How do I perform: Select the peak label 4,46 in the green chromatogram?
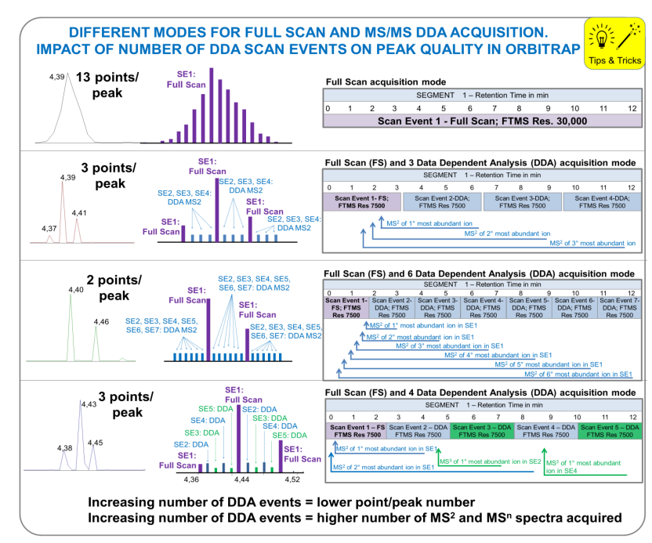[101, 322]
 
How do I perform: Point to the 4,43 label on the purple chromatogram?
[89, 404]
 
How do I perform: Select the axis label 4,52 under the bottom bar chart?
[292, 478]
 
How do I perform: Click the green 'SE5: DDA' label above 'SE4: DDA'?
[216, 408]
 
